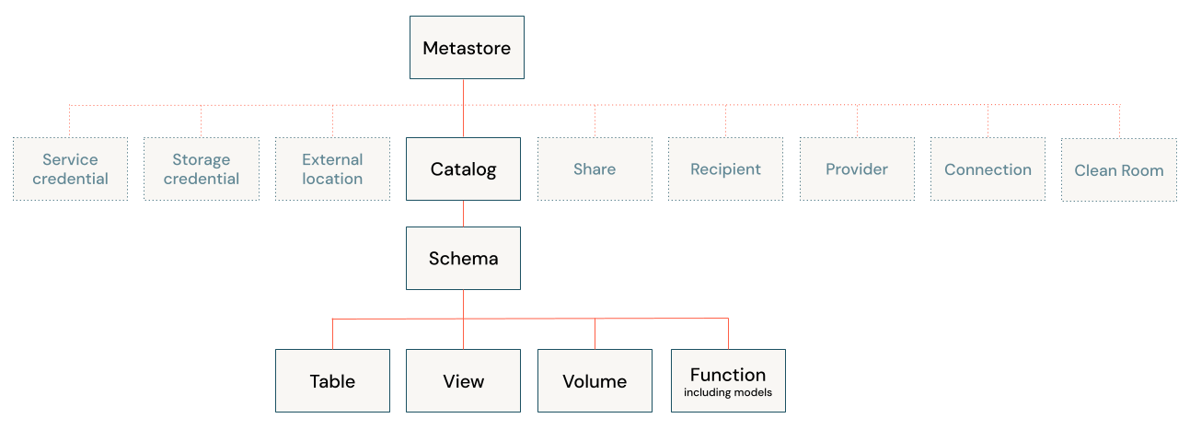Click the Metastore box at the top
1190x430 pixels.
pyautogui.click(x=467, y=48)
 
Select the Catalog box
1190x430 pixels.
pyautogui.click(x=463, y=169)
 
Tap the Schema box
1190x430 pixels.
pyautogui.click(x=463, y=259)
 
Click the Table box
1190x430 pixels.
pyautogui.click(x=332, y=381)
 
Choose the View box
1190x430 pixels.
pyautogui.click(x=463, y=381)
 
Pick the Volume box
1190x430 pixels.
pyautogui.click(x=595, y=381)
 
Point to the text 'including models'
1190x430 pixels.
pyautogui.click(x=728, y=393)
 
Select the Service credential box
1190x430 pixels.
pyautogui.click(x=70, y=169)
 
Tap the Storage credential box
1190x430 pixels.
pyautogui.click(x=201, y=169)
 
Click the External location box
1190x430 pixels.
pyautogui.click(x=332, y=169)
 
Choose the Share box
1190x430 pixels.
pyautogui.click(x=595, y=169)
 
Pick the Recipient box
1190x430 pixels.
pyautogui.click(x=725, y=169)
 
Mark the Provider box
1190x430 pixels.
pyautogui.click(x=857, y=169)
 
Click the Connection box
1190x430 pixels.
pyautogui.click(x=988, y=169)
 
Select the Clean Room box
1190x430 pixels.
pyautogui.click(x=1119, y=170)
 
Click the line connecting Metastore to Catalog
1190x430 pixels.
pyautogui.click(x=463, y=109)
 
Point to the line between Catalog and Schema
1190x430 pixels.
pyautogui.click(x=463, y=214)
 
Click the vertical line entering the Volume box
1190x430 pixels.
pyautogui.click(x=595, y=334)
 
